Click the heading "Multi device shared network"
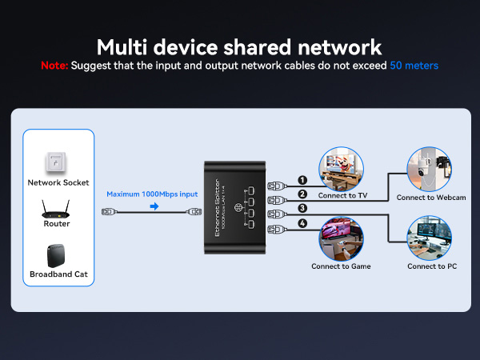pyautogui.click(x=239, y=46)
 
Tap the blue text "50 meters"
pyautogui.click(x=414, y=66)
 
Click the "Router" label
pyautogui.click(x=56, y=224)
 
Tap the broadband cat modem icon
pyautogui.click(x=56, y=257)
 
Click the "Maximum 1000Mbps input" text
pyautogui.click(x=153, y=194)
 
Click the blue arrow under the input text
pyautogui.click(x=154, y=206)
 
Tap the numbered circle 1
pyautogui.click(x=302, y=181)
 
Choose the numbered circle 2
pyautogui.click(x=302, y=194)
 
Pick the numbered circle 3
pyautogui.click(x=302, y=209)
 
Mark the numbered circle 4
pyautogui.click(x=302, y=223)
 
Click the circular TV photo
pyautogui.click(x=342, y=167)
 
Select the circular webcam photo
pyautogui.click(x=431, y=169)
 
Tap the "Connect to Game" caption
pyautogui.click(x=341, y=266)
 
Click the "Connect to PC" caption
pyautogui.click(x=432, y=266)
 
